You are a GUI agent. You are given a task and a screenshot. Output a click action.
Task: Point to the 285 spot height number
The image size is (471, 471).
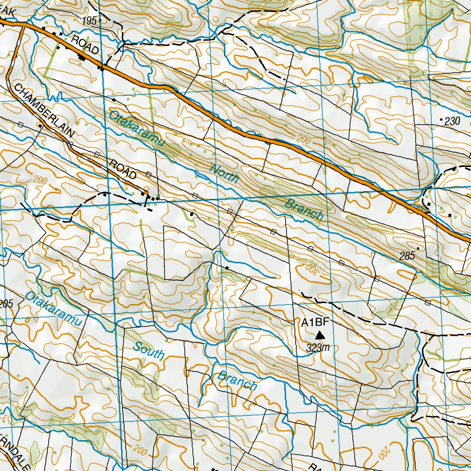pyautogui.click(x=408, y=256)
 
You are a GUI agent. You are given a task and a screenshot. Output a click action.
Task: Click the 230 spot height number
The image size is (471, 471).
pyautogui.click(x=453, y=121)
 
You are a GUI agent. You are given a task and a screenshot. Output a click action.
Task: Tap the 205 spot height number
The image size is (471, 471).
pyautogui.click(x=6, y=303)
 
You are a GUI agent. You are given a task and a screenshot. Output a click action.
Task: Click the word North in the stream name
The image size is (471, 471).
pyautogui.click(x=224, y=174)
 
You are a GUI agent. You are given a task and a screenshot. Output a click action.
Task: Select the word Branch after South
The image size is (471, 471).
pyautogui.click(x=237, y=380)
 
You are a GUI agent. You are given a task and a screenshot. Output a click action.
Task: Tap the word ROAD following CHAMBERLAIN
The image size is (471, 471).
pyautogui.click(x=123, y=169)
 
